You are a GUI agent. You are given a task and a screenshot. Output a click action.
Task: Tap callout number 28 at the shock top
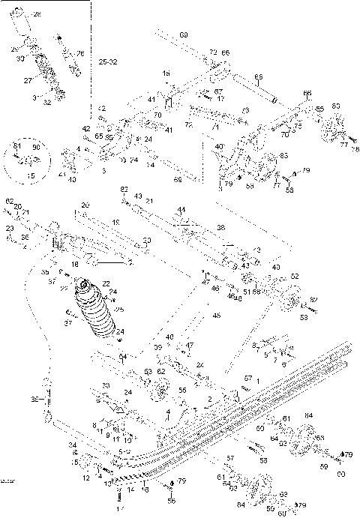38,14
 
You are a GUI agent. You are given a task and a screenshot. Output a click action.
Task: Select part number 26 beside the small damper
80,53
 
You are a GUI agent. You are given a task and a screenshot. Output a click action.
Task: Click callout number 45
217,316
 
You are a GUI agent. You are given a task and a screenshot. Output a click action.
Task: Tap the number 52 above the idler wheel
295,276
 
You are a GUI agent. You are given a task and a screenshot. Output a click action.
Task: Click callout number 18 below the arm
74,265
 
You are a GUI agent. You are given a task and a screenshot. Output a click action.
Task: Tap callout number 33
106,386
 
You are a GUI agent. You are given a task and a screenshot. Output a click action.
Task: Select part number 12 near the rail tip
86,478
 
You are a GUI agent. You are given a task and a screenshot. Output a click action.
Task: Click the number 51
247,292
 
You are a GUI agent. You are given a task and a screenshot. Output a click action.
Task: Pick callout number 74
153,164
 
